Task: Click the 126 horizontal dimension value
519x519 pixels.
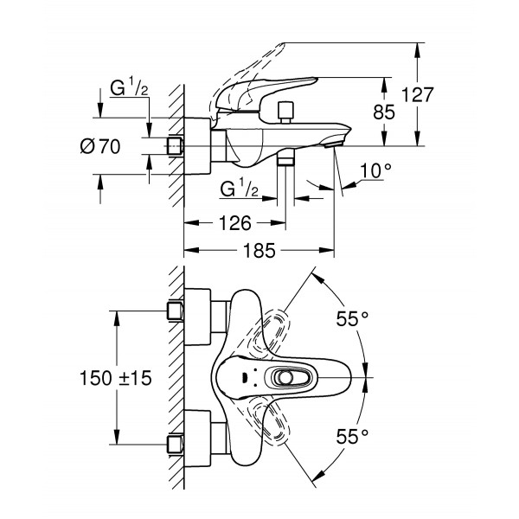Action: pyautogui.click(x=231, y=223)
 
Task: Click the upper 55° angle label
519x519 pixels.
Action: pyautogui.click(x=352, y=319)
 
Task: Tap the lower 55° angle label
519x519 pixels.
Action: pyautogui.click(x=352, y=434)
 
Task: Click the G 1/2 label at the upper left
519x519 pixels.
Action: pyautogui.click(x=128, y=88)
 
